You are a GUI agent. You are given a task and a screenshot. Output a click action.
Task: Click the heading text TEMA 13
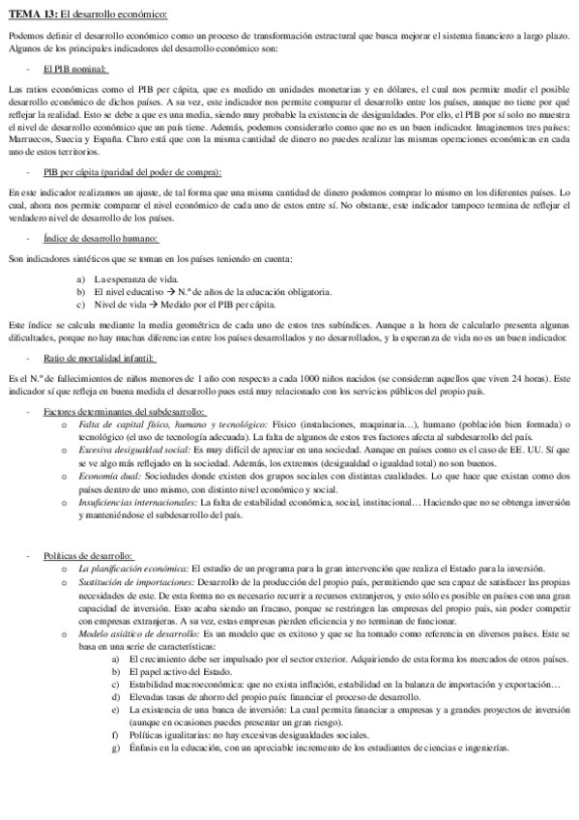point(30,15)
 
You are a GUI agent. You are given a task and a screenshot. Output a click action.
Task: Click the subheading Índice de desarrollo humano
point(101,239)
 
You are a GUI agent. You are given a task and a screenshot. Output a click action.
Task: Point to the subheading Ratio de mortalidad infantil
point(101,358)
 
